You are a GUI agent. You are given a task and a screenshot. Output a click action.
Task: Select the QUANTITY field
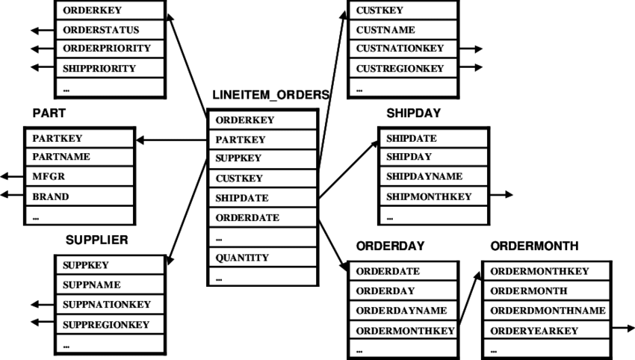(x=242, y=258)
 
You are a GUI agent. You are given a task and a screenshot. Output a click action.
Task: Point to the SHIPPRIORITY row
(x=99, y=69)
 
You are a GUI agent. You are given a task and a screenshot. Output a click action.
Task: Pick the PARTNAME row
(x=61, y=158)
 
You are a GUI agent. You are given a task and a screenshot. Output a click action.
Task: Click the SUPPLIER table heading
(x=97, y=240)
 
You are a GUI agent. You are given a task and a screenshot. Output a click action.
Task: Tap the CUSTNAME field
(x=385, y=31)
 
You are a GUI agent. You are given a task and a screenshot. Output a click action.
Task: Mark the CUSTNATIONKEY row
(x=400, y=49)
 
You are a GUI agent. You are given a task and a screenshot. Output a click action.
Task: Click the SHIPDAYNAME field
(x=424, y=177)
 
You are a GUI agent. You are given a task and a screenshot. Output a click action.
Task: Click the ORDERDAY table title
(x=390, y=246)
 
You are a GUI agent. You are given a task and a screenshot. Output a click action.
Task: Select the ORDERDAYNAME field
(x=401, y=311)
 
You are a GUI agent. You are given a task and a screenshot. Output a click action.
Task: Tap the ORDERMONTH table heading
(x=534, y=246)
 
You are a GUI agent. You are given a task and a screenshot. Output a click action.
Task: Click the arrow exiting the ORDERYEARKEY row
(x=623, y=328)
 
